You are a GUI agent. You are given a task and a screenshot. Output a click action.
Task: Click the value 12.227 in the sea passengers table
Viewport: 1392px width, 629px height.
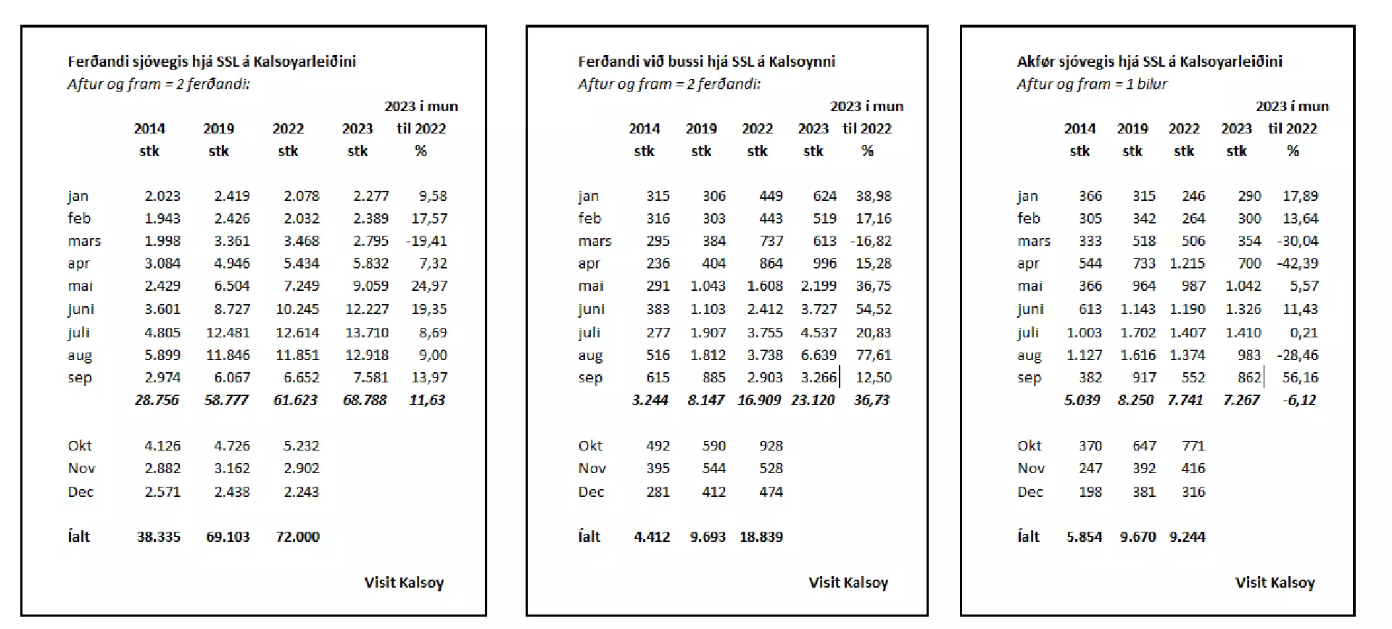(x=367, y=309)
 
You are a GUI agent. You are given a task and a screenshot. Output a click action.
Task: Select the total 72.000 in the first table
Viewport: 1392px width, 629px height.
(x=297, y=537)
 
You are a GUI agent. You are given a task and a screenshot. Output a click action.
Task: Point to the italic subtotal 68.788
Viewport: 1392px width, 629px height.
(x=365, y=400)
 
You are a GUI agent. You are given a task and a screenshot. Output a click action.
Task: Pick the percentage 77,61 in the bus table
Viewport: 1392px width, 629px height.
(x=874, y=355)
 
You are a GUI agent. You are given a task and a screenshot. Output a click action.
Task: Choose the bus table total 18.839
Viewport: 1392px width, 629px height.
(x=761, y=537)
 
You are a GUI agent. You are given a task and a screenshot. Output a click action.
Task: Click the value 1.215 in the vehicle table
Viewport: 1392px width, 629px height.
(x=1188, y=263)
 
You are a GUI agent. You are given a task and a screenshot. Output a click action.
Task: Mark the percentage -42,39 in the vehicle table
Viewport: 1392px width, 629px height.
(x=1298, y=263)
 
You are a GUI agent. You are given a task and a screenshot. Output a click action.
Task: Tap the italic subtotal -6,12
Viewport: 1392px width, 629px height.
(x=1299, y=400)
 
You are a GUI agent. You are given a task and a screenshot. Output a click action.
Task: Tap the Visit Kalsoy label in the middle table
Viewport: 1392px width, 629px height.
(x=848, y=583)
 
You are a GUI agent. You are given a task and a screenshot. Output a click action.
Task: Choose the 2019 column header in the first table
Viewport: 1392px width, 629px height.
(x=219, y=128)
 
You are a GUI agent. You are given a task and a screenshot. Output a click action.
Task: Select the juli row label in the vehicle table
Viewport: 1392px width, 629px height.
(x=1028, y=333)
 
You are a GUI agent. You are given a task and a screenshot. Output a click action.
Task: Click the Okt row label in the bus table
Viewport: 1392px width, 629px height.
(x=590, y=445)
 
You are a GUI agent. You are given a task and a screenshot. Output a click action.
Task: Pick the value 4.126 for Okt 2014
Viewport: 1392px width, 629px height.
(x=162, y=445)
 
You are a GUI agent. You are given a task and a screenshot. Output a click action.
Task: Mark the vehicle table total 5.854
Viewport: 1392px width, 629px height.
(x=1084, y=537)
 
